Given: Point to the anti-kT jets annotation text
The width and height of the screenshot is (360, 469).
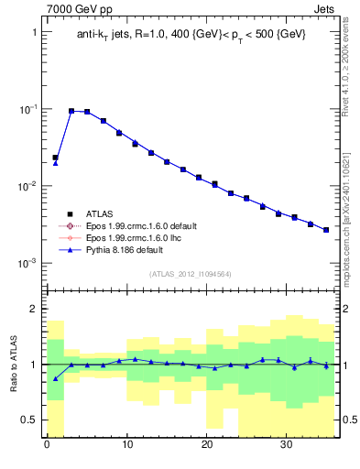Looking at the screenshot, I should pos(191,34).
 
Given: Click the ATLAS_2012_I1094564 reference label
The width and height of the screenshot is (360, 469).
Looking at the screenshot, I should pos(191,273).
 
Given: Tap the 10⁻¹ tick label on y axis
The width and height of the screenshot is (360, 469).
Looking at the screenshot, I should pos(30,109).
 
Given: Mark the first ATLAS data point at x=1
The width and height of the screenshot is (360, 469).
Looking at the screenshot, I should pos(55,158).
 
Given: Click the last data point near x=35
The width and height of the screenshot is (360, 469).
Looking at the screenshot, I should pos(326,230).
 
